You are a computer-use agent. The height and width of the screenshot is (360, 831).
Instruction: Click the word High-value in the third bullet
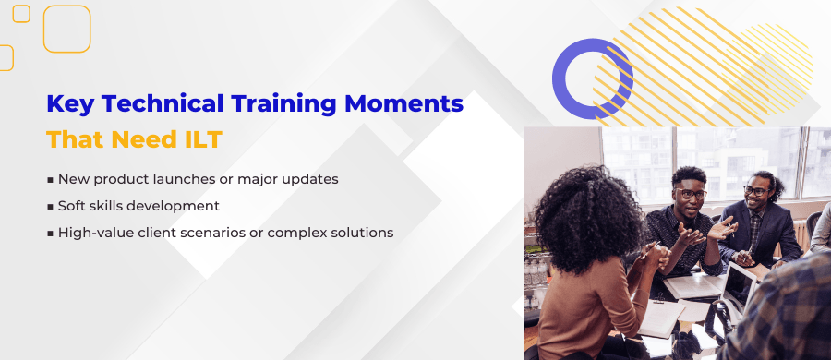[x=92, y=233]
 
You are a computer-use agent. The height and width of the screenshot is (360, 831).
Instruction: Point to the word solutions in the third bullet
[x=363, y=233]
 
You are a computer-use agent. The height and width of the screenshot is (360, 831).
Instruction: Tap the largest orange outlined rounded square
[x=66, y=29]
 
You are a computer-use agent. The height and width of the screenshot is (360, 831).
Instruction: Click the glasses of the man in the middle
[x=689, y=193]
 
